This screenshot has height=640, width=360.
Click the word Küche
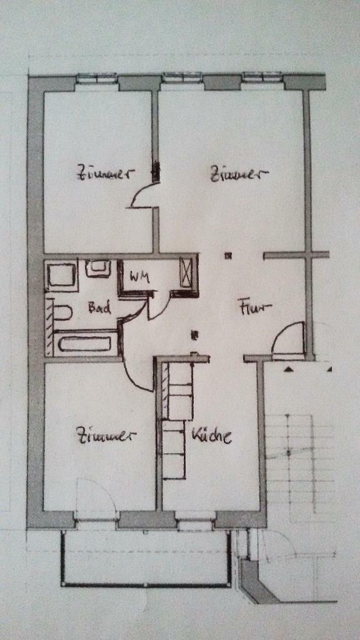click(211, 436)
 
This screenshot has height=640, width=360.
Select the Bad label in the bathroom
click(99, 307)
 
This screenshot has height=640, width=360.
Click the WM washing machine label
click(139, 278)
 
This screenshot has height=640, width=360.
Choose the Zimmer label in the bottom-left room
click(105, 436)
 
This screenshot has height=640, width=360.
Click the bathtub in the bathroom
click(84, 343)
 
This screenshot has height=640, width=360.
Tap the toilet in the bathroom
click(63, 313)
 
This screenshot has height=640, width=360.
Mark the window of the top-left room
click(97, 77)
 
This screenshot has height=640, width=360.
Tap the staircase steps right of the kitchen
click(299, 461)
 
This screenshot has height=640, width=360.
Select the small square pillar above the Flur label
click(229, 256)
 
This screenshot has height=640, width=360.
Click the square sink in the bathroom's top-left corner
click(62, 276)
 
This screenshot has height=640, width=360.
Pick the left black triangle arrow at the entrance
click(289, 369)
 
